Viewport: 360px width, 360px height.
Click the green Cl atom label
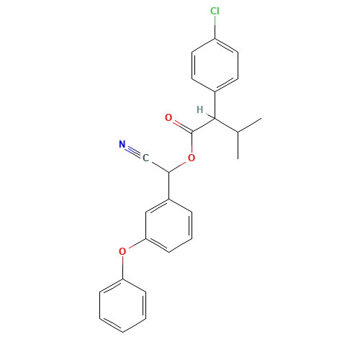coord(215,12)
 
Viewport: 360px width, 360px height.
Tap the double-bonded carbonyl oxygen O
coord(168,117)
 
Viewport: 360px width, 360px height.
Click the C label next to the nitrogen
coord(145,158)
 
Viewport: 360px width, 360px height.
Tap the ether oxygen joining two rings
coord(122,251)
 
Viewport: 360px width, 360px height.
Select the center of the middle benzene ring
coord(169,225)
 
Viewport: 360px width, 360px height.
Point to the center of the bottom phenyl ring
coord(124,305)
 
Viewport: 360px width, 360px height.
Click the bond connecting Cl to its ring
coord(215,26)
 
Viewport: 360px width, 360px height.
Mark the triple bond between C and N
coord(134,152)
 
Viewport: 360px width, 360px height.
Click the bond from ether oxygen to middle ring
coord(135,246)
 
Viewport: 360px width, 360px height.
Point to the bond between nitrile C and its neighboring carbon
coord(157,165)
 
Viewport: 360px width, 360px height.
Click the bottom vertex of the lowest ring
coord(124,333)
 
